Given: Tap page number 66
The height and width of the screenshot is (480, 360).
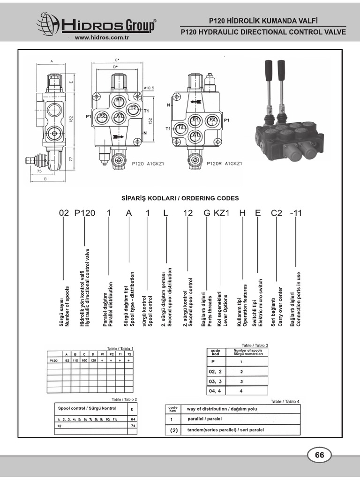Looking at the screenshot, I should tap(320, 455).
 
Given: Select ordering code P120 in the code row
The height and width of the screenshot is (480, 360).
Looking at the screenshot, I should tap(85, 213).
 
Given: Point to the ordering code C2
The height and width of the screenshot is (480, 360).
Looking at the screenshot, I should tap(277, 213).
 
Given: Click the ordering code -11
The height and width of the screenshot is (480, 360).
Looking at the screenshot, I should tap(296, 213).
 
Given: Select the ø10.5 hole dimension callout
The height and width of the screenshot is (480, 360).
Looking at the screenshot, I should tap(149, 88).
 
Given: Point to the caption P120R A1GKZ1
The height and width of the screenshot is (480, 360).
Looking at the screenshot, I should tap(224, 164).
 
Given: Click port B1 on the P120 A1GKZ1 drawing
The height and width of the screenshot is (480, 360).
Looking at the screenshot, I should tap(119, 100).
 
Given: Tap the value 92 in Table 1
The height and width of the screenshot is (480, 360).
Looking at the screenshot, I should tap(67, 361).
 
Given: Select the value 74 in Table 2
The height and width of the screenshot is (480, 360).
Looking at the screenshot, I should tap(133, 425).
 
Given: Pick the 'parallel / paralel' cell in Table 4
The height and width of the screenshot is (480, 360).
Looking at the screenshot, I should tap(205, 419).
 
